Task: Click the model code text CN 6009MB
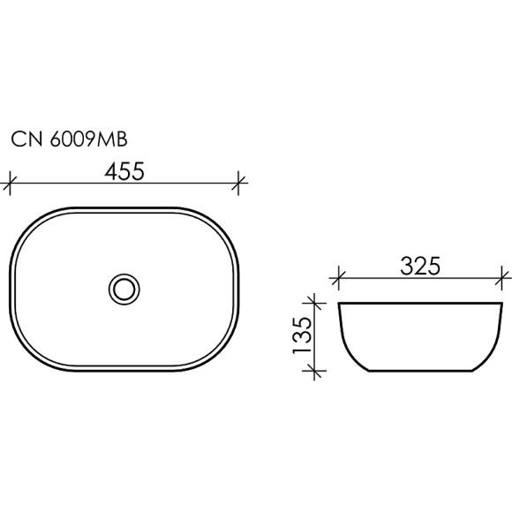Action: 72,139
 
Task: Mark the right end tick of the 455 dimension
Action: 239,185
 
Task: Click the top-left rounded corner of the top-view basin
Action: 35,224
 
